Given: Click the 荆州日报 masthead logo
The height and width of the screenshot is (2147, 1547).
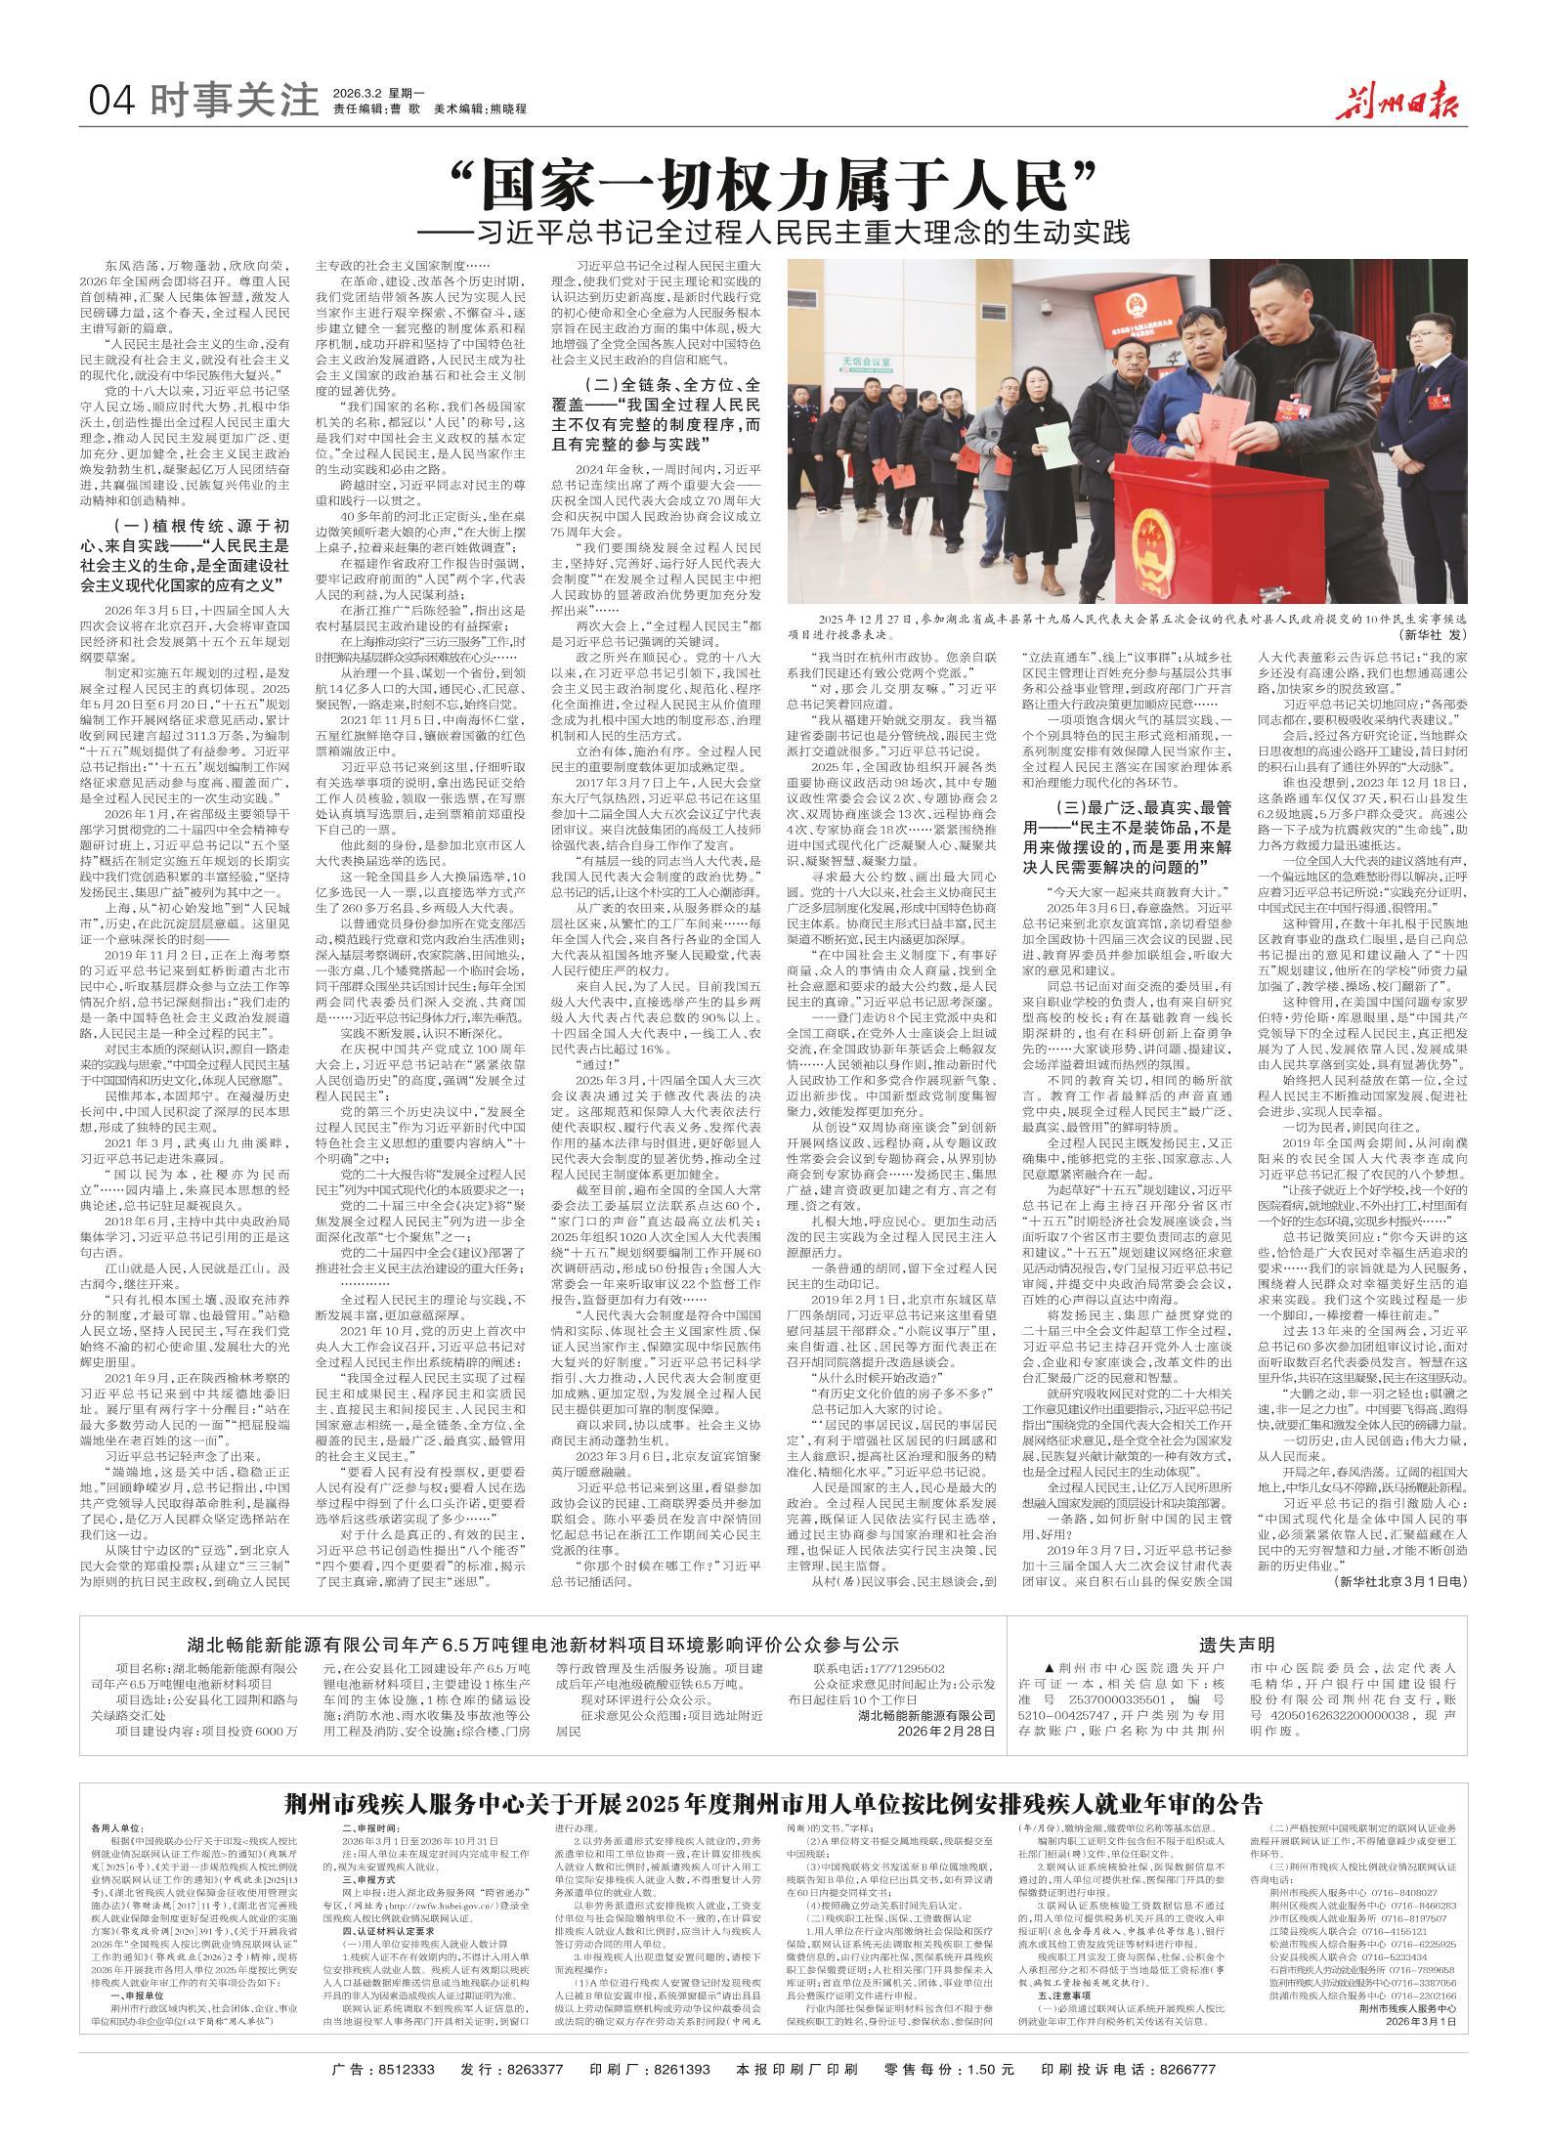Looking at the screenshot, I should tap(1401, 101).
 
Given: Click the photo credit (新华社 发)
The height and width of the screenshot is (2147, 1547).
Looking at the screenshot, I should tap(1431, 635).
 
